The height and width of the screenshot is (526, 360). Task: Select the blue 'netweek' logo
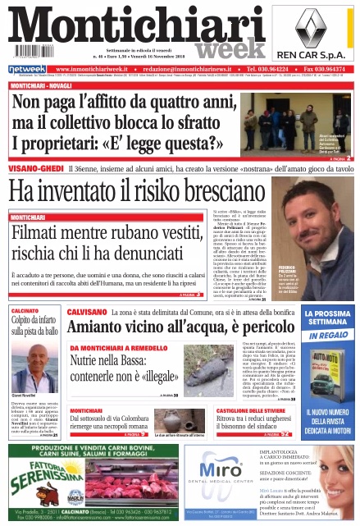click(x=27, y=69)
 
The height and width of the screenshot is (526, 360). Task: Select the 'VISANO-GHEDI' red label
click(x=32, y=167)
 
